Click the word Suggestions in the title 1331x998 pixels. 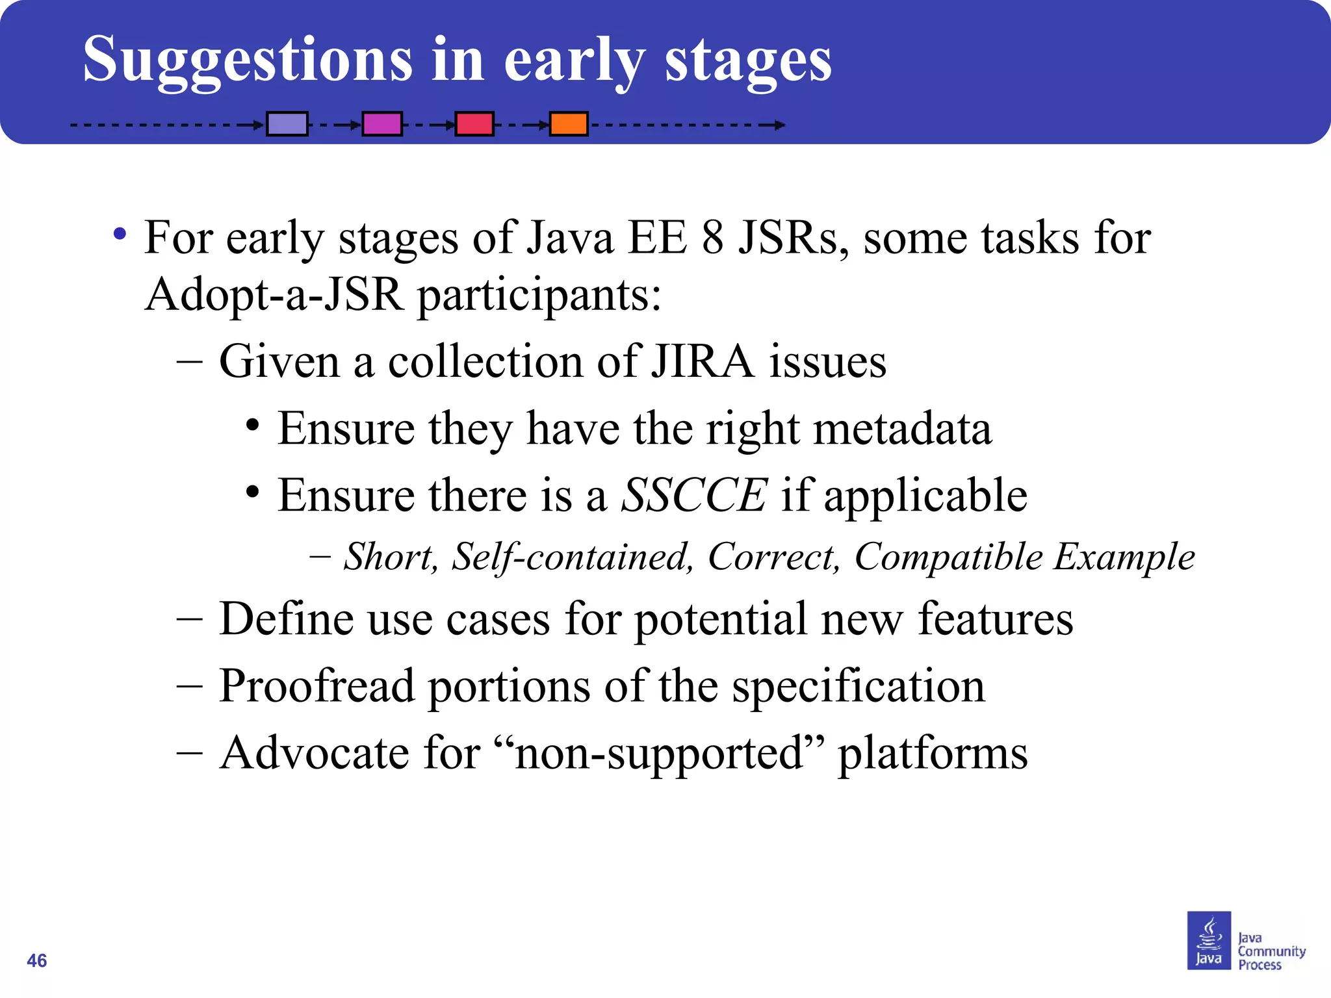click(x=247, y=60)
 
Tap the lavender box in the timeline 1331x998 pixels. click(x=287, y=123)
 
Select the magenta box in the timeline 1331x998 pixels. click(x=381, y=123)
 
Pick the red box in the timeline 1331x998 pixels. click(x=474, y=123)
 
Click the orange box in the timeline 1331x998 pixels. click(x=569, y=123)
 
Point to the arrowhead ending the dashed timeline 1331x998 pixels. click(x=779, y=125)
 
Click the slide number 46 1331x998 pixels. click(x=37, y=960)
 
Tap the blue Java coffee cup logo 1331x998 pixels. click(x=1209, y=940)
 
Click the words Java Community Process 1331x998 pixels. click(x=1271, y=951)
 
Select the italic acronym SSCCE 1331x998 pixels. click(x=694, y=495)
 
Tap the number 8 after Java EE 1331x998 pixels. click(x=712, y=238)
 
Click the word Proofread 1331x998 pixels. click(x=317, y=686)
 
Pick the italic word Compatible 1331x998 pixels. click(x=948, y=557)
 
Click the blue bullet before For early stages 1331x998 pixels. click(x=120, y=234)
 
